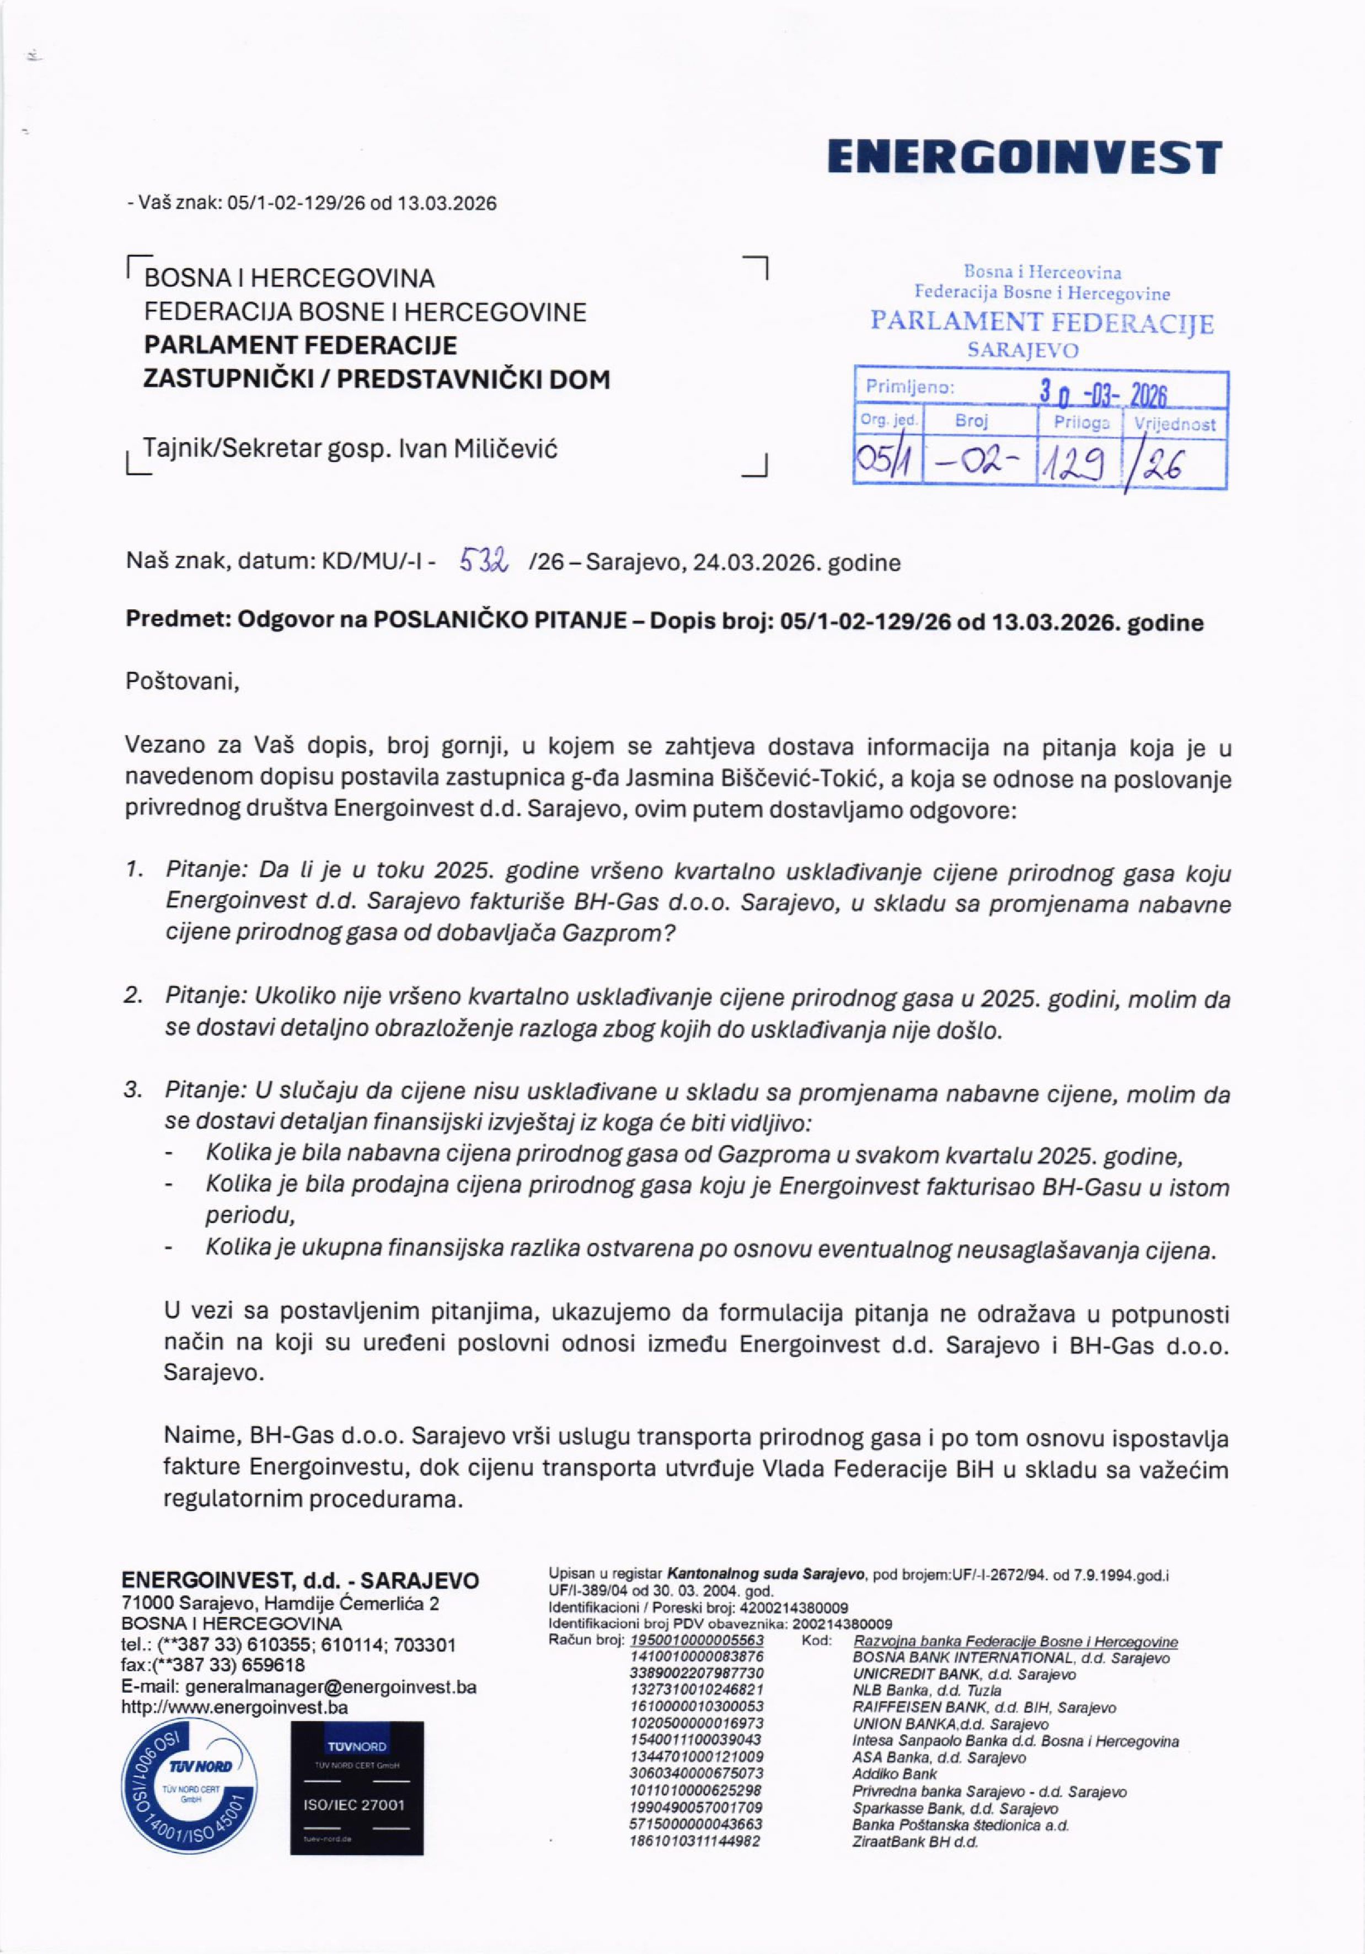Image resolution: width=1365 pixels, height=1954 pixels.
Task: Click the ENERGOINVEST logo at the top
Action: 1025,158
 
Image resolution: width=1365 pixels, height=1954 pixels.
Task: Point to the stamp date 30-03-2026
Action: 1103,393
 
